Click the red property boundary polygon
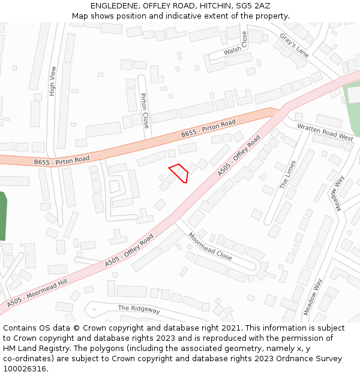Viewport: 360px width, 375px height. pos(179,173)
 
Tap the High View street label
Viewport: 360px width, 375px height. pos(53,80)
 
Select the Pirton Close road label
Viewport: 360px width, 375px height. pos(145,110)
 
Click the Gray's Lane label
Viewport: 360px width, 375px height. pos(294,45)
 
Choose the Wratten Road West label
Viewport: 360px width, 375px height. pos(326,132)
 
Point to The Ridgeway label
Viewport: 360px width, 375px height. pos(139,309)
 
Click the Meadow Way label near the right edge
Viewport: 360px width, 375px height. pos(335,193)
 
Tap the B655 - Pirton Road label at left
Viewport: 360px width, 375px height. pos(62,160)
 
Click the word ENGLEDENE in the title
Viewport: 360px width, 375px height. pos(113,5)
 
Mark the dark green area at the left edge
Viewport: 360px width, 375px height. pos(2,216)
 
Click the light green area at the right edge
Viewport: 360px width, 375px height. pos(353,108)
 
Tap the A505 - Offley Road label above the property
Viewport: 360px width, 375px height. pos(239,156)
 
